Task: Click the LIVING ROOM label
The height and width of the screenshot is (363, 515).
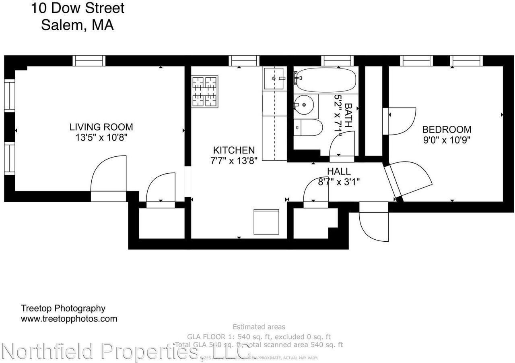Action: tap(101, 127)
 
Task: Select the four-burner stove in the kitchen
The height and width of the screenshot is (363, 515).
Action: tap(205, 92)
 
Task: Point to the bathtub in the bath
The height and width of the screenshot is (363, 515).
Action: tap(326, 79)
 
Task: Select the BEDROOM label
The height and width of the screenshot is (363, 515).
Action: tap(447, 130)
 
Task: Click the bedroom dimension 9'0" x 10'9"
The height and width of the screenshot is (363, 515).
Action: tap(446, 140)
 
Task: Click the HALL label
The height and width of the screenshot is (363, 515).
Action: tap(339, 172)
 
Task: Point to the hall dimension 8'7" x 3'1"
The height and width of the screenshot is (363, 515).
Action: tap(339, 182)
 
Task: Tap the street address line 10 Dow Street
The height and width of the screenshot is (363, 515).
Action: tap(78, 8)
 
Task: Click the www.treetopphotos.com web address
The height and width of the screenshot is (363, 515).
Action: tap(69, 319)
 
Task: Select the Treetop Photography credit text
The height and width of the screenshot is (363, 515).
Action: tap(63, 308)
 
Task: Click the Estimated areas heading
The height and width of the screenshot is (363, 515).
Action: tap(259, 327)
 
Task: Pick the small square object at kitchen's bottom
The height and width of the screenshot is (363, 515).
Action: tap(266, 222)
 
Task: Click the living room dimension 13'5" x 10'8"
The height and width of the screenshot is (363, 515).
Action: tap(101, 137)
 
